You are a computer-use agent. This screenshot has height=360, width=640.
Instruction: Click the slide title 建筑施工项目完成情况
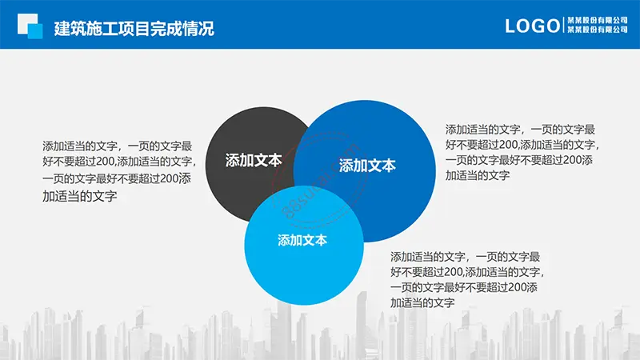(134, 29)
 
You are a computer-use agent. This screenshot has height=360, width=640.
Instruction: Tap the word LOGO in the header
(533, 26)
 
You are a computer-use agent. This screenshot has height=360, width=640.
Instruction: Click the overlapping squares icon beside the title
(30, 26)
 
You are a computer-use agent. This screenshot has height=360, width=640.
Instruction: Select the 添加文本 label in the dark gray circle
(254, 161)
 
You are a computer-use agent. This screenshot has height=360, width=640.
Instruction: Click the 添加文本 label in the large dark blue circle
(367, 166)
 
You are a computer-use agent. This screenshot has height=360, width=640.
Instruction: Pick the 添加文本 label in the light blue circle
(302, 240)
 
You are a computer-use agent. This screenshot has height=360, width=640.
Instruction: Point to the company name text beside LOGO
(598, 25)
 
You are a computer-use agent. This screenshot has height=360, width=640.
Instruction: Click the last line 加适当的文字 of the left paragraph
(79, 196)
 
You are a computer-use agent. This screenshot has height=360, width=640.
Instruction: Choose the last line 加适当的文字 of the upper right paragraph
(478, 176)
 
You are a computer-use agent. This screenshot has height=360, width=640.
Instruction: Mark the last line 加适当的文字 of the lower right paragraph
(422, 303)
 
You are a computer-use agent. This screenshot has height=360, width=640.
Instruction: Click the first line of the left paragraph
(117, 146)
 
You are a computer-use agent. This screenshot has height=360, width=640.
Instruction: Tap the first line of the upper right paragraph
(521, 130)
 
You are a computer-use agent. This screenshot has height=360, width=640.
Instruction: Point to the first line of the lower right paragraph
(466, 257)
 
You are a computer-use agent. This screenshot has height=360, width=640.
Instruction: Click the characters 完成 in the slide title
(166, 29)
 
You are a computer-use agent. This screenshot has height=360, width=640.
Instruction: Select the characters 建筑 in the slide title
(70, 29)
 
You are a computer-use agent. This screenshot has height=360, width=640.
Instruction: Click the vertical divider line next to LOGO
(564, 25)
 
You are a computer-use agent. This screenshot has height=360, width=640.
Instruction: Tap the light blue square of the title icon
(35, 31)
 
